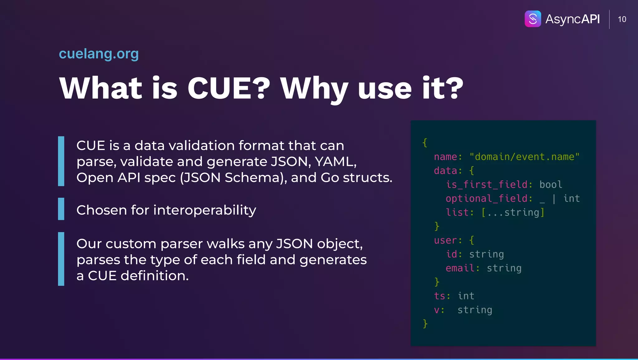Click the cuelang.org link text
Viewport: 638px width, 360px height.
coord(99,54)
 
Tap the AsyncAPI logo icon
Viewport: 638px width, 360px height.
coord(533,19)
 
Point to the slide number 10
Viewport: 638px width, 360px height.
coord(622,19)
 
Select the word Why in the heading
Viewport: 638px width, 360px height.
coord(314,89)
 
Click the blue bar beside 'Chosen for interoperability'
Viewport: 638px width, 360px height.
coord(61,209)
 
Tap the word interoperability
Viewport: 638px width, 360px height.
coord(205,210)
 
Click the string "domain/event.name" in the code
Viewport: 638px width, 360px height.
coord(524,156)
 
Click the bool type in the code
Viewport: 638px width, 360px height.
coord(551,185)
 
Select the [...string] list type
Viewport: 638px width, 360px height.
coord(513,213)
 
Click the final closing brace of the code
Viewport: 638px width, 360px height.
coord(425,324)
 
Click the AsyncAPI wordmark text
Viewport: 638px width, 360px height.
coord(573,19)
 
